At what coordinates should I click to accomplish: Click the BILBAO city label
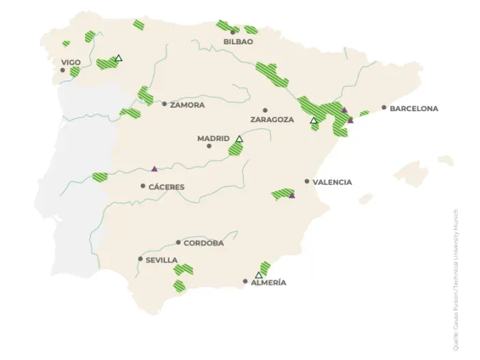pyautogui.click(x=238, y=42)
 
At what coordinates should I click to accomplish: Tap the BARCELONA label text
pyautogui.click(x=414, y=108)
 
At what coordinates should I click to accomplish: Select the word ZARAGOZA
pyautogui.click(x=272, y=119)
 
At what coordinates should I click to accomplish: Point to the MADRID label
pyautogui.click(x=213, y=138)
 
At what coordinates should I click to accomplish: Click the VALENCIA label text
pyautogui.click(x=332, y=182)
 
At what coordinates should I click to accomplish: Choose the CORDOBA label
pyautogui.click(x=203, y=243)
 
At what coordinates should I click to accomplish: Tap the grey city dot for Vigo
pyautogui.click(x=63, y=70)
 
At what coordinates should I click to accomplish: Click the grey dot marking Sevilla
pyautogui.click(x=140, y=259)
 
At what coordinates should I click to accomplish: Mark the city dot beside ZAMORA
pyautogui.click(x=164, y=104)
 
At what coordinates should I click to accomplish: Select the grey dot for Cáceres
pyautogui.click(x=143, y=186)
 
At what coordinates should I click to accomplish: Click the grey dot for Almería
pyautogui.click(x=245, y=281)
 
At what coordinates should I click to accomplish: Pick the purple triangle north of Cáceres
pyautogui.click(x=155, y=168)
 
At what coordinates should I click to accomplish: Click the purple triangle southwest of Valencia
pyautogui.click(x=292, y=196)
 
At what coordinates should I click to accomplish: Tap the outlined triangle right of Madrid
pyautogui.click(x=239, y=139)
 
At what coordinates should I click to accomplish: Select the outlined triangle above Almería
pyautogui.click(x=258, y=275)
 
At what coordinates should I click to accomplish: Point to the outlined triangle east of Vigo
pyautogui.click(x=119, y=58)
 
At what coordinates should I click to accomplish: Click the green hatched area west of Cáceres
pyautogui.click(x=100, y=177)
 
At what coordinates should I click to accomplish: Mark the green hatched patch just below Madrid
pyautogui.click(x=235, y=149)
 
